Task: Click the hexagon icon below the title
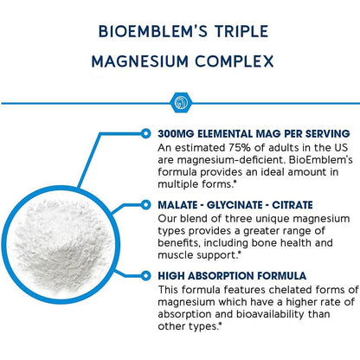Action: [x=180, y=101]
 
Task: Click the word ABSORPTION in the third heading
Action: [x=228, y=277]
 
